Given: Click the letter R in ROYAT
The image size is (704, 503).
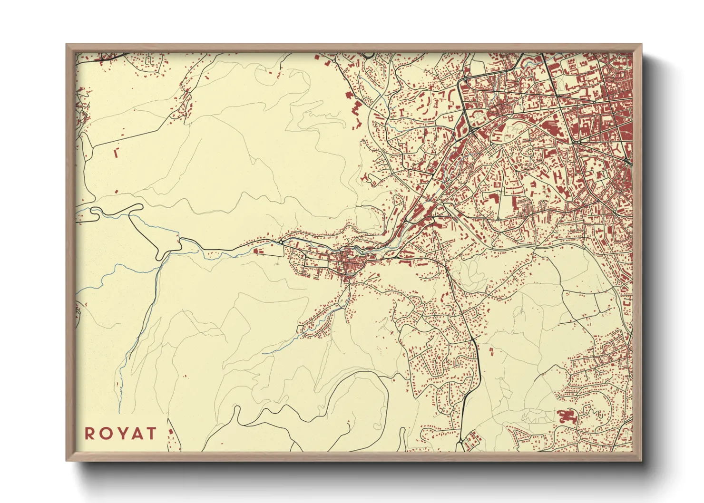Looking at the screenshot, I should click(x=89, y=434).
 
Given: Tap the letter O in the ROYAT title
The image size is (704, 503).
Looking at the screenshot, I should click(x=105, y=434).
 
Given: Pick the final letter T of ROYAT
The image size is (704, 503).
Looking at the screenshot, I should click(x=151, y=434).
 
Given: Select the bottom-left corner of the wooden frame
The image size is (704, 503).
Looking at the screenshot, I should click(x=67, y=460).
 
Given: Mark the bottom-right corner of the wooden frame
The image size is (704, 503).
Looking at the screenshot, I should click(x=641, y=460).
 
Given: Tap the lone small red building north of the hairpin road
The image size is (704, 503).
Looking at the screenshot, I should click(x=116, y=192).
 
